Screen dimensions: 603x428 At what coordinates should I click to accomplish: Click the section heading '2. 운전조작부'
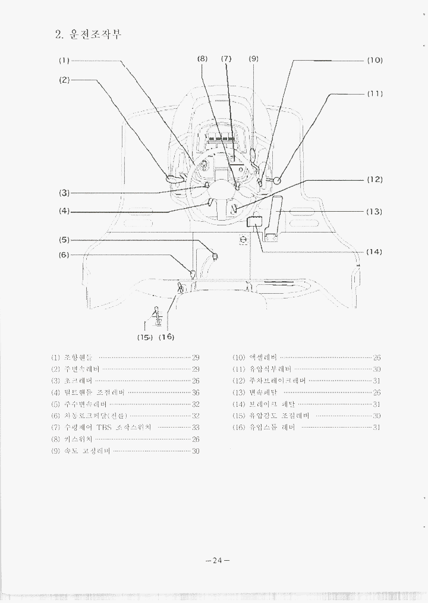[x=88, y=34]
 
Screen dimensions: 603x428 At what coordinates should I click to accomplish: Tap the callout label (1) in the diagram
[x=64, y=61]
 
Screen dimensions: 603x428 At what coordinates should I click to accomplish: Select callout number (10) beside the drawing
[x=374, y=61]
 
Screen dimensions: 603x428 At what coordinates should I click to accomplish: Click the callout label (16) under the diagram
[x=166, y=337]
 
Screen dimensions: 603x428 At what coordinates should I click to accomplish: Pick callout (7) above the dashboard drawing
[x=226, y=59]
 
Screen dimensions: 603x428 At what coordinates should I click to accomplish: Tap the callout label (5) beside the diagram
[x=64, y=240]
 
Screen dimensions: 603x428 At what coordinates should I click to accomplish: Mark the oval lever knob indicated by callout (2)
[x=174, y=178]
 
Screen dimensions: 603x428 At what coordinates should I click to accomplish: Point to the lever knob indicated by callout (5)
[x=215, y=257]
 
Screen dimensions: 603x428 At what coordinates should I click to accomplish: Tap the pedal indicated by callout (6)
[x=192, y=274]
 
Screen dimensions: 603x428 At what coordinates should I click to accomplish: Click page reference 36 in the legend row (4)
[x=196, y=392]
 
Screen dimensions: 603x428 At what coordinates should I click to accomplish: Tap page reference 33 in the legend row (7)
[x=196, y=428]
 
